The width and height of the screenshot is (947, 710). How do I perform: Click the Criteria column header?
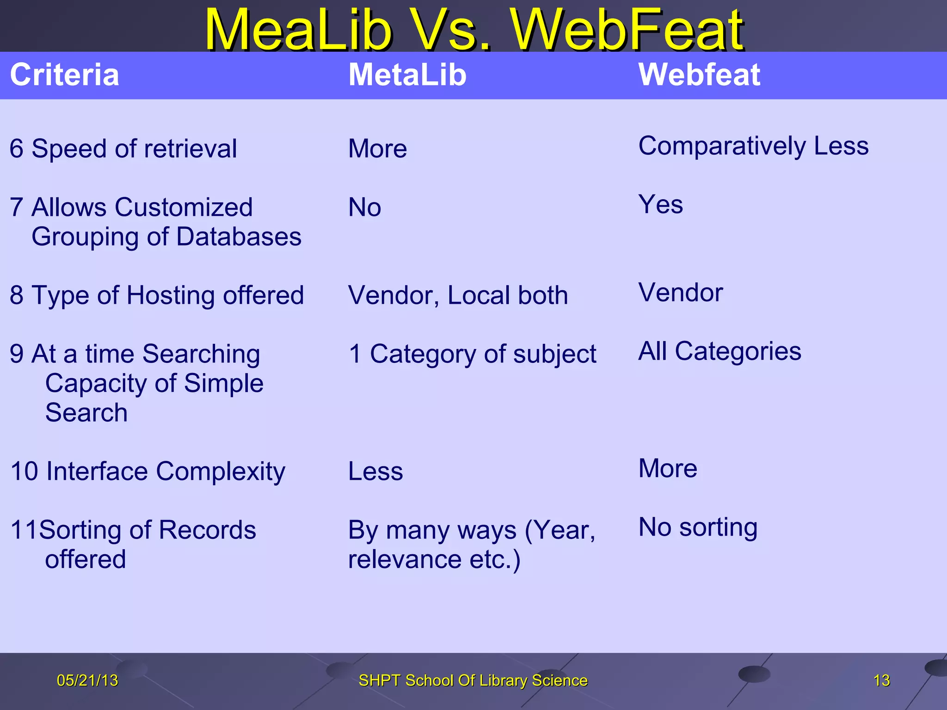[x=64, y=75]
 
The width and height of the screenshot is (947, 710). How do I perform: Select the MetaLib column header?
[x=407, y=75]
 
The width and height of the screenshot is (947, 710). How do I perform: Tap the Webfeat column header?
[x=699, y=75]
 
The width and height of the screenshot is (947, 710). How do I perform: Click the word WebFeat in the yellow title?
[x=627, y=31]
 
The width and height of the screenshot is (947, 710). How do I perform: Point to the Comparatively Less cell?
[x=753, y=146]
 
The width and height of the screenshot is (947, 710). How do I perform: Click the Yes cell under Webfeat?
[x=660, y=204]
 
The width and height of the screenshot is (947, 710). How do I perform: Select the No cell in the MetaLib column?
[x=364, y=207]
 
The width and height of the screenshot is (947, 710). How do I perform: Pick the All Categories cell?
[x=719, y=351]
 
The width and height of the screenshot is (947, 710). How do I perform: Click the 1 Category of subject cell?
[x=472, y=354]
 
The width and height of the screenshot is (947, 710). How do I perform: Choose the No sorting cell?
[x=697, y=527]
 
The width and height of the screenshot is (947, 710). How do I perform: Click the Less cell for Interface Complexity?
[x=375, y=471]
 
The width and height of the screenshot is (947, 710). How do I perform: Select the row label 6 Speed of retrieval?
[x=123, y=149]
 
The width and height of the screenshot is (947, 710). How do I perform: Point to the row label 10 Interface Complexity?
[x=148, y=471]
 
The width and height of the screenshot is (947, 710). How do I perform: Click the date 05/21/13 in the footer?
[x=87, y=680]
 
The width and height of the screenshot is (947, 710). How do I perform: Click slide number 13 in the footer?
[x=881, y=680]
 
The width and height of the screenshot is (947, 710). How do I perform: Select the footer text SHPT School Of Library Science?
[x=473, y=680]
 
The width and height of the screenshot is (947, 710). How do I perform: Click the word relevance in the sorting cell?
[x=404, y=559]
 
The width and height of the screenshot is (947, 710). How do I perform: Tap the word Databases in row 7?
[x=239, y=237]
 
